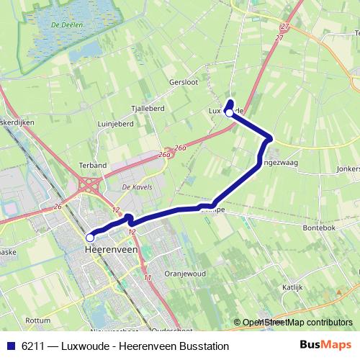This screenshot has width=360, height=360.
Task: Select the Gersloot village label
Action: (184, 81)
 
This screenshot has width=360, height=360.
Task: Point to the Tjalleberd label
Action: (148, 108)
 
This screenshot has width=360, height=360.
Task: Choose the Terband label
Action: (93, 164)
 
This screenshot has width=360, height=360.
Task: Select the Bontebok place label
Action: (320, 226)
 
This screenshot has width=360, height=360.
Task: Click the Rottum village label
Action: (37, 319)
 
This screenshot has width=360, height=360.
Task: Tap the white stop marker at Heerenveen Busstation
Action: (90, 237)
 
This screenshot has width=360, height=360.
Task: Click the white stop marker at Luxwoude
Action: (230, 112)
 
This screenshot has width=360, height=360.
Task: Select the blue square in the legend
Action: (11, 346)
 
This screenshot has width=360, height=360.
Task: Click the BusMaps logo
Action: (330, 346)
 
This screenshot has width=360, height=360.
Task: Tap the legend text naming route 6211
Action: (125, 346)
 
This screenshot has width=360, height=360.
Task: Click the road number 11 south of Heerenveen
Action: (147, 277)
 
